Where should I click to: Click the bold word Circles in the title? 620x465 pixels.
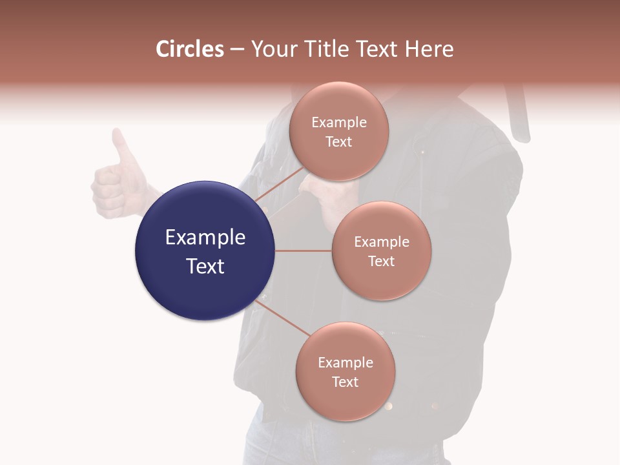(x=190, y=49)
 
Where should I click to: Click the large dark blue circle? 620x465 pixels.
(x=205, y=251)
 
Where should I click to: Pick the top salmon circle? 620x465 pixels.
(x=338, y=131)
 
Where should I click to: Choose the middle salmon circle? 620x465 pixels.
(x=381, y=251)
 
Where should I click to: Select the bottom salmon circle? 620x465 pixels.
(x=345, y=371)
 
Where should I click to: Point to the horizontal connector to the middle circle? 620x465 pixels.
(x=303, y=251)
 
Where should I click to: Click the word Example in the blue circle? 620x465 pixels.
(x=205, y=237)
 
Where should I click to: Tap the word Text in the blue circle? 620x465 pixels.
(x=205, y=265)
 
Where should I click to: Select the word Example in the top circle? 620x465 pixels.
(x=338, y=122)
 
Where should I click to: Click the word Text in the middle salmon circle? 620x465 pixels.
(x=381, y=261)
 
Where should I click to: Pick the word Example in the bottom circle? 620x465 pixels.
(x=345, y=362)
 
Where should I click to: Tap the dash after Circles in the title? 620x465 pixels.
(x=237, y=50)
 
